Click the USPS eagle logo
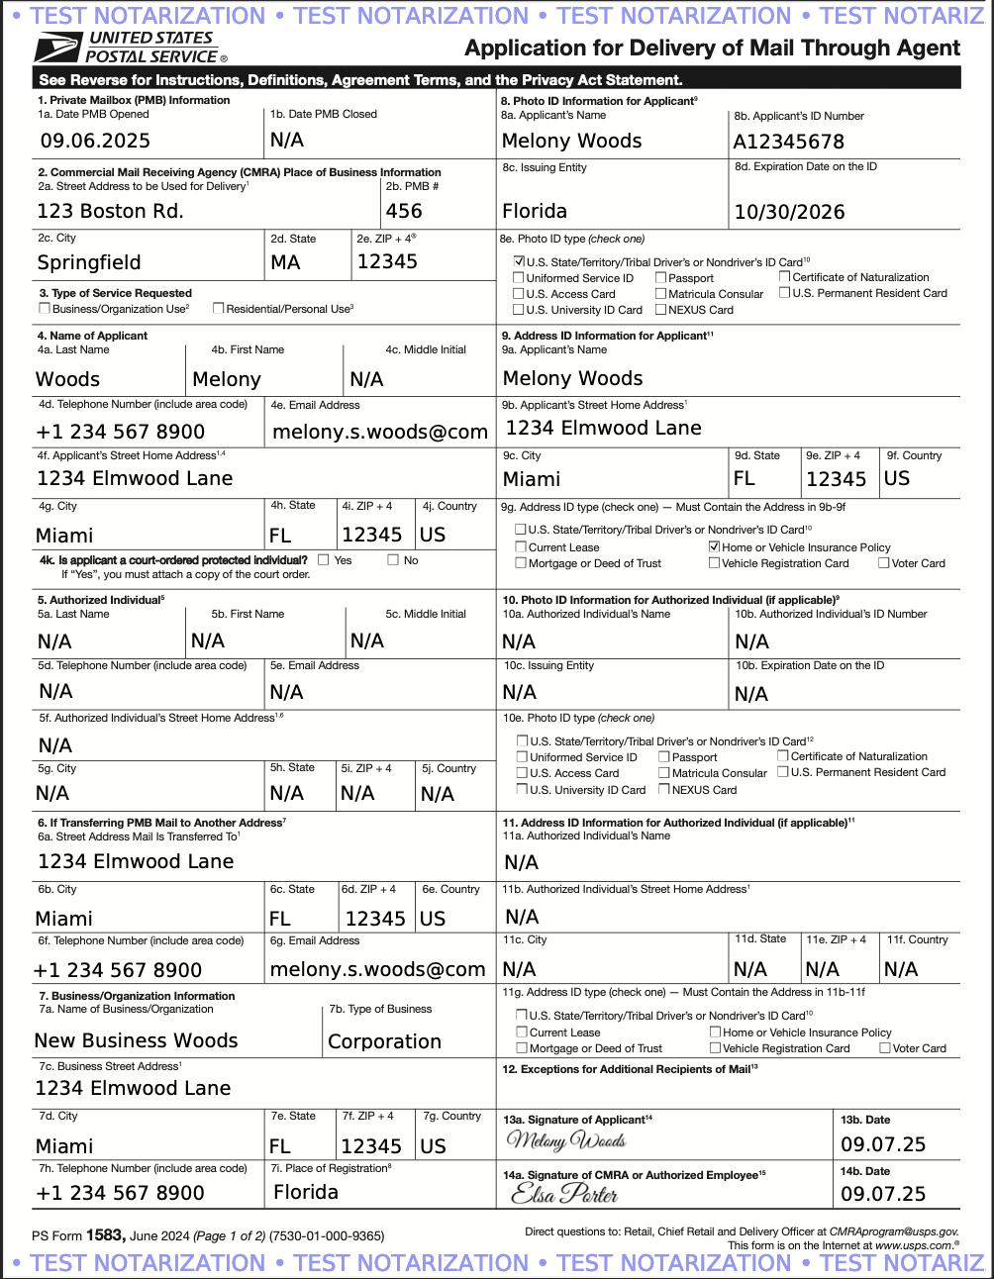click(x=57, y=47)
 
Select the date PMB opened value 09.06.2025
click(x=95, y=141)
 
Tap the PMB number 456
click(x=404, y=211)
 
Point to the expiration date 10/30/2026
click(x=789, y=212)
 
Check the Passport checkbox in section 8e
click(x=660, y=278)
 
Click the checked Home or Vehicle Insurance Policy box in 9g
click(x=714, y=546)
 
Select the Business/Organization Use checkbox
click(x=45, y=309)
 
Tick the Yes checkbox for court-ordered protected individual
click(x=324, y=560)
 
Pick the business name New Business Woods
click(x=136, y=1040)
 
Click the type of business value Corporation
click(x=384, y=1041)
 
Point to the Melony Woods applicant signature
click(x=566, y=1140)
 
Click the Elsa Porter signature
click(x=564, y=1194)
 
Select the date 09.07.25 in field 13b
click(x=883, y=1144)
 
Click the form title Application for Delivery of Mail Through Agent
click(x=712, y=49)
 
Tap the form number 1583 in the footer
click(x=104, y=1234)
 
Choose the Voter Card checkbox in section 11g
click(x=885, y=1048)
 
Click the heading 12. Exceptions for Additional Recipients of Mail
click(x=630, y=1069)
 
